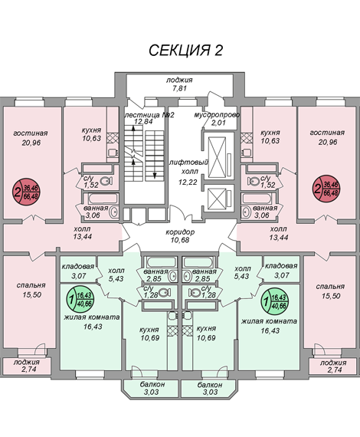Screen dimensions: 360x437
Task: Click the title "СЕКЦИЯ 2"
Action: [185, 51]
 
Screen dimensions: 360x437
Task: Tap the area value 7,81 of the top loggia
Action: [179, 88]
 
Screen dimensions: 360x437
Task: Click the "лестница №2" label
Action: [149, 115]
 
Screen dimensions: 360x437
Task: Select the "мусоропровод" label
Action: [217, 115]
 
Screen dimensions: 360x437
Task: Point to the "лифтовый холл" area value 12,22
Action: [188, 182]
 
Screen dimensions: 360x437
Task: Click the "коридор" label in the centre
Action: [180, 232]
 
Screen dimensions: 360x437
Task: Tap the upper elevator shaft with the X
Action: [217, 157]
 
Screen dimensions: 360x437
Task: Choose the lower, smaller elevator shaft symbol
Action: [217, 198]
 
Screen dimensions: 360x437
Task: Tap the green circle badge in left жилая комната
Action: [80, 299]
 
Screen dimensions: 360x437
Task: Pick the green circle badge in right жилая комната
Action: [274, 301]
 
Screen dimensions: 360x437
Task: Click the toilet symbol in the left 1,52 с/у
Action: [106, 181]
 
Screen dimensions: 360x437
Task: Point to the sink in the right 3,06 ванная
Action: [246, 212]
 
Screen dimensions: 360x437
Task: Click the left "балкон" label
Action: [152, 384]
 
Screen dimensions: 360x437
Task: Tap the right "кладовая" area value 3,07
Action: [282, 275]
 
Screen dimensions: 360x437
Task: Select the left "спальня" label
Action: [31, 285]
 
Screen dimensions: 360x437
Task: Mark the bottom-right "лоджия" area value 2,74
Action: [333, 370]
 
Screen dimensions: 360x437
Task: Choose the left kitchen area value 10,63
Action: [92, 138]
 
